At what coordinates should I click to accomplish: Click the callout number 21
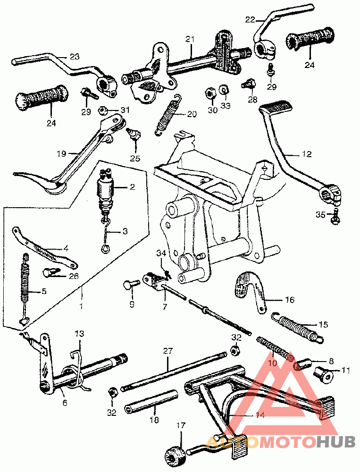point(190,40)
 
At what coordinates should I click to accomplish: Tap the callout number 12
point(307,154)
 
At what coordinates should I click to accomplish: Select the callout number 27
point(168,351)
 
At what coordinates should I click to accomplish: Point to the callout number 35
point(320,215)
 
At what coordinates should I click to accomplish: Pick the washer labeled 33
point(224,89)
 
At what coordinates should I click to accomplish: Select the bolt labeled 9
point(132,284)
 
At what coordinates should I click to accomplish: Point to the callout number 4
point(66,249)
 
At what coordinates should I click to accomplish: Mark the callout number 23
point(75,56)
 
